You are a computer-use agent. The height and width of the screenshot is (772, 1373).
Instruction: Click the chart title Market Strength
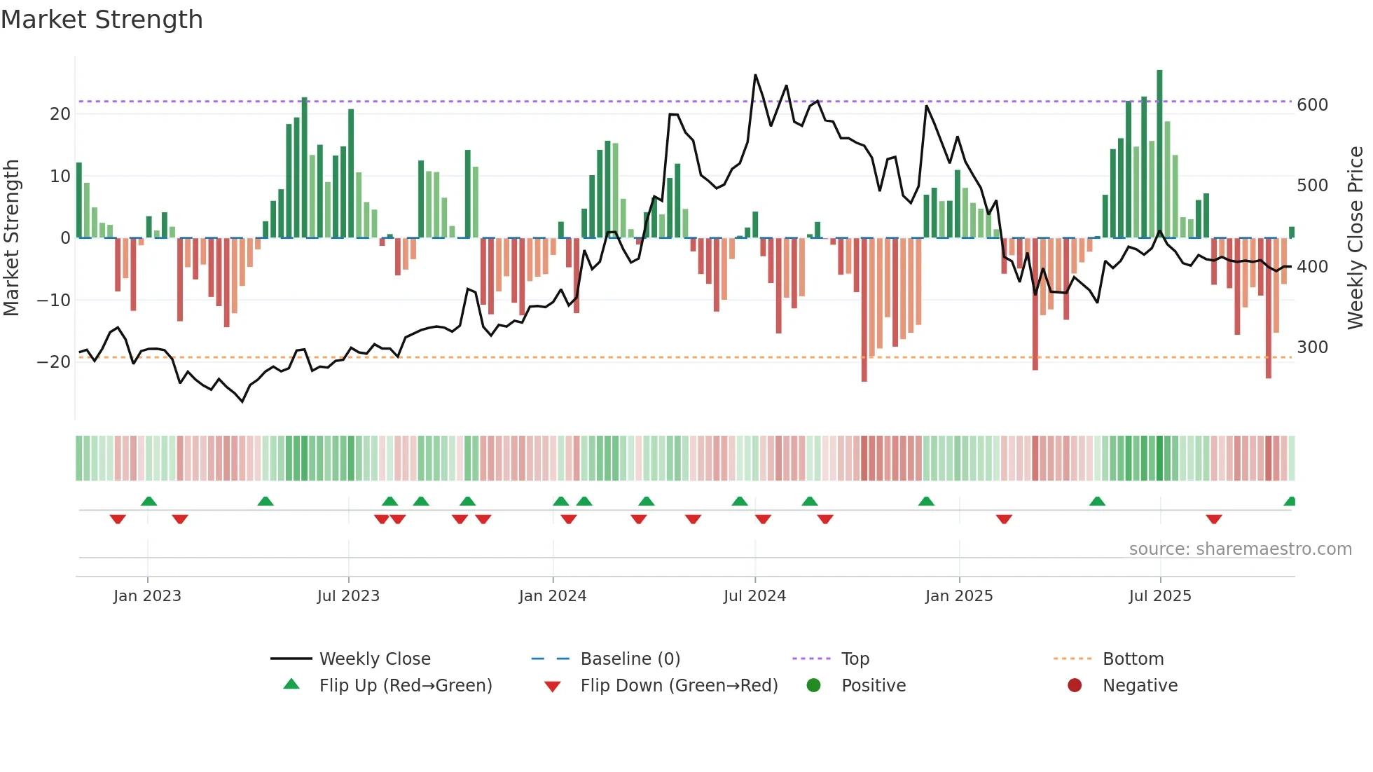pos(102,20)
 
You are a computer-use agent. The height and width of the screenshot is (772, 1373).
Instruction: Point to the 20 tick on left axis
pos(60,113)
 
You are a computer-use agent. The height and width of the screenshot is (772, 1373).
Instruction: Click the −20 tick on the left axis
pos(54,361)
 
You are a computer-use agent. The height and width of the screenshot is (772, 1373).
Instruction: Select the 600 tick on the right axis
pos(1312,105)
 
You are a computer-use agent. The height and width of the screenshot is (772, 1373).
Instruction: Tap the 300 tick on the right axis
pos(1312,347)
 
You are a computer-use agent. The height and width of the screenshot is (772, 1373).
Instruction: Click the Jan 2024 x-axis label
pos(552,596)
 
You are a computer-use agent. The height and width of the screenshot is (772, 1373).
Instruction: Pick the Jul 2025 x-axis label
pos(1159,596)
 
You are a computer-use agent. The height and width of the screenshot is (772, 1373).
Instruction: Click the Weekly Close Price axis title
pos(1355,238)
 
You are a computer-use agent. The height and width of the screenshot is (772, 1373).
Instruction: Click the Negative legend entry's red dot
pos(1075,685)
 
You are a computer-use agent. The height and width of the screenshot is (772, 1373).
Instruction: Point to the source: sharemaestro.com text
pos(1240,549)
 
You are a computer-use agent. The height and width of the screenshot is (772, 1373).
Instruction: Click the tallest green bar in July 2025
pos(1159,154)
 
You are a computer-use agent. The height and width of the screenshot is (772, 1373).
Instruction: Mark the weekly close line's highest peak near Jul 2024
pos(755,75)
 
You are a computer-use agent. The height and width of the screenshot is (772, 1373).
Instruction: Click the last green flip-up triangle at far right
pos(1290,502)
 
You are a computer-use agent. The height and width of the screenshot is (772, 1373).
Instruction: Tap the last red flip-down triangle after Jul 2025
pos(1214,519)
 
